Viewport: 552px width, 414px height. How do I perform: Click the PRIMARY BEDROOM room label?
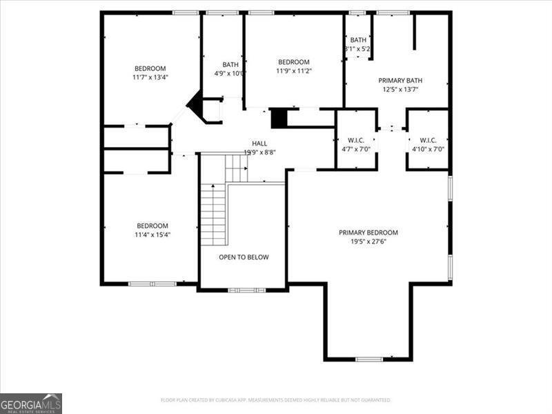coord(368,233)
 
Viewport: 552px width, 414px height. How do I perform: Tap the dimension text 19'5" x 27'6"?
coord(368,242)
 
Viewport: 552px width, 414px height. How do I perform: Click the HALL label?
coord(259,143)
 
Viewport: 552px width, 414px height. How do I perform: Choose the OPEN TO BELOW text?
coord(244,257)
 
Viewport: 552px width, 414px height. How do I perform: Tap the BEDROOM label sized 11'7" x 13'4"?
coord(150,68)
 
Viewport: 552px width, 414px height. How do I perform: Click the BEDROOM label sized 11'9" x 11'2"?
coord(293,61)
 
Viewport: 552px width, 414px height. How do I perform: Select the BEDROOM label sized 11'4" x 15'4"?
coord(152,226)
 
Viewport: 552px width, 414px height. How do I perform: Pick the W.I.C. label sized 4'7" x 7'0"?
coord(356,139)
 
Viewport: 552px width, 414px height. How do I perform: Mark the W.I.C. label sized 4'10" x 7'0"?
coord(428,139)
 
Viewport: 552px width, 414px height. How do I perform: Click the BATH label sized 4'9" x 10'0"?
coord(230,64)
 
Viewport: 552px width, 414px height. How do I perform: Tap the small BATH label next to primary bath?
coord(358,40)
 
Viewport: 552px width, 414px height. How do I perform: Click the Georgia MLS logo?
coord(31,403)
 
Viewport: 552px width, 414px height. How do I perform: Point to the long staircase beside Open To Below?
coord(213,214)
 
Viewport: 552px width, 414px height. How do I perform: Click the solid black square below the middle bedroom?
coord(278,118)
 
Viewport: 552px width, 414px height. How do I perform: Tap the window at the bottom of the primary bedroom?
coord(368,359)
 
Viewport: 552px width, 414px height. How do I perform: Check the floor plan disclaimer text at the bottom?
coord(276,400)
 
